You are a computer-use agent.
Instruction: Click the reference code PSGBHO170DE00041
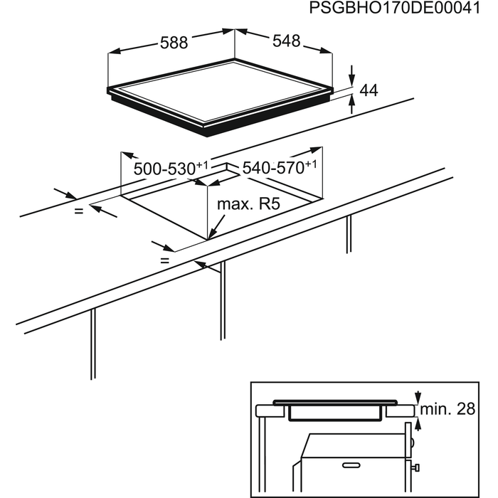point(394,8)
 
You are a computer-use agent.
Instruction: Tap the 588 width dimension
point(174,43)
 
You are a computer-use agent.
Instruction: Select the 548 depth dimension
point(286,41)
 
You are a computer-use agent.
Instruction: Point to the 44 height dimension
point(369,90)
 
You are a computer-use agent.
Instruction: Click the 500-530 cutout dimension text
point(171,168)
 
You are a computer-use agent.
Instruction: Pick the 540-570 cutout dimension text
point(280,167)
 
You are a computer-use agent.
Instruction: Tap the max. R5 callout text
point(249,204)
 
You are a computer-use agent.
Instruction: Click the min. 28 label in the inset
point(447,409)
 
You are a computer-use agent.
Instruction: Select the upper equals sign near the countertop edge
point(78,211)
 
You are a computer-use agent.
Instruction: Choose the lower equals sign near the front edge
point(164,261)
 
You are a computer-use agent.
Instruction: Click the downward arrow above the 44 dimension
point(351,75)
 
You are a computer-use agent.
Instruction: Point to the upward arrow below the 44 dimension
point(351,104)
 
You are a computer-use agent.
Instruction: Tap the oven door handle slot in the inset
point(351,465)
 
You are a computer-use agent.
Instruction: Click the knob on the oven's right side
point(415,467)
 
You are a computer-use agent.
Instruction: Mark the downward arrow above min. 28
point(418,397)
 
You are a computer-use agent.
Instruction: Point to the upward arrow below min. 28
point(418,424)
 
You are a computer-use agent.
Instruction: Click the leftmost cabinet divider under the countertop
point(92,344)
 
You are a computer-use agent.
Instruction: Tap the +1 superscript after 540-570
point(312,164)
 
